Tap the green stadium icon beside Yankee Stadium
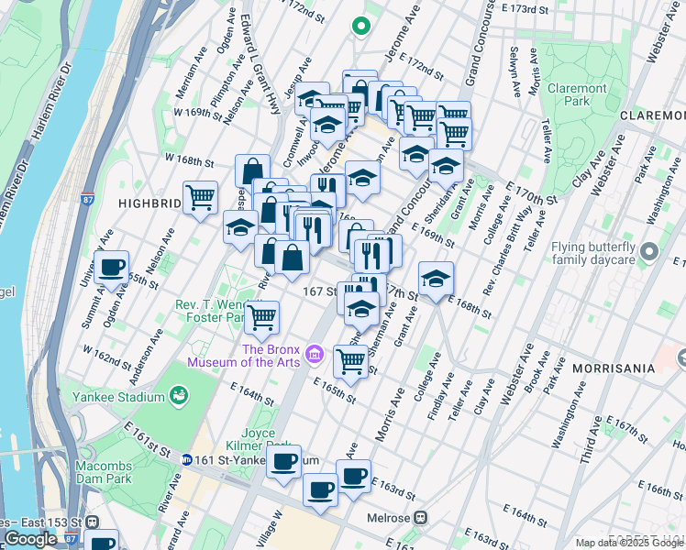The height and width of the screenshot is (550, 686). tap(178, 396)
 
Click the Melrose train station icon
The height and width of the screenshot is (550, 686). tap(421, 517)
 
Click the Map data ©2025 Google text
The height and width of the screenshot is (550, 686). tap(629, 543)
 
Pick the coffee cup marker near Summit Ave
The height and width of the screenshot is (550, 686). tap(112, 268)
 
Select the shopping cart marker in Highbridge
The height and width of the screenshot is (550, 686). tap(200, 196)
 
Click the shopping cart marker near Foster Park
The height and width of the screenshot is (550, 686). tap(262, 318)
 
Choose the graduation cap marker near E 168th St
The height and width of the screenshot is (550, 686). tap(436, 279)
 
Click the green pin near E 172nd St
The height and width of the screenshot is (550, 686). tap(361, 27)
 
